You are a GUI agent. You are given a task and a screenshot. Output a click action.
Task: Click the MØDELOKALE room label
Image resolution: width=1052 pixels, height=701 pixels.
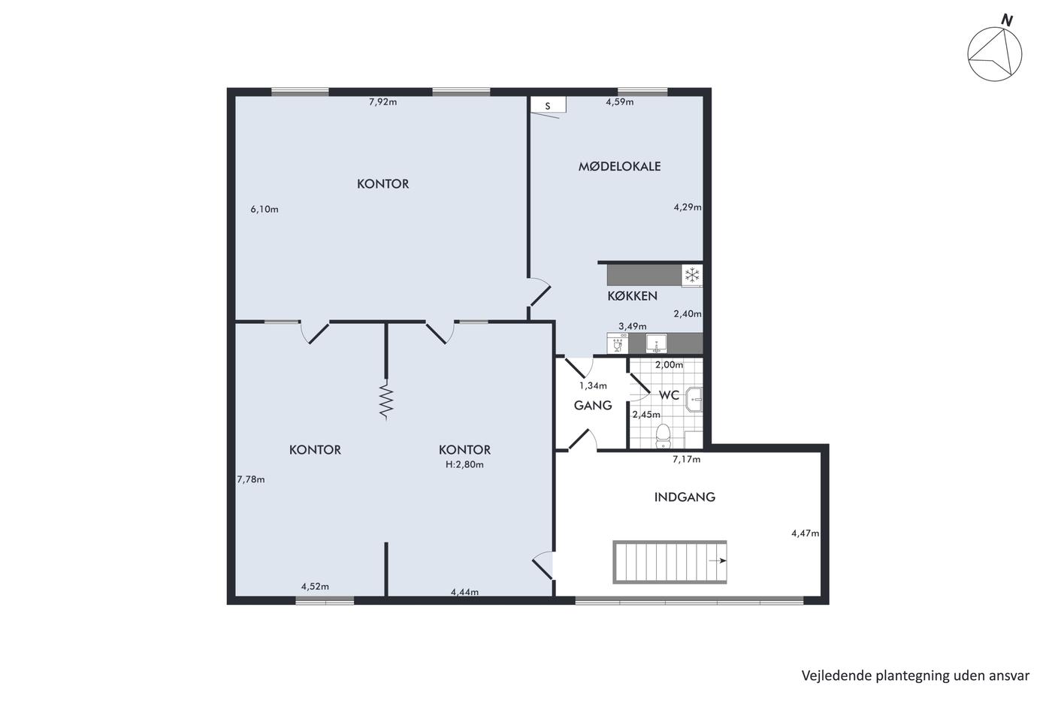click(619, 166)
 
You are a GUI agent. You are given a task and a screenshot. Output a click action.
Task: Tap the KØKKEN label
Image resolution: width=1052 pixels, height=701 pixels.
click(632, 296)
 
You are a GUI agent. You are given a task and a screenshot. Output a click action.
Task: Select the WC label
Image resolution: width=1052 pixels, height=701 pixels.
click(669, 395)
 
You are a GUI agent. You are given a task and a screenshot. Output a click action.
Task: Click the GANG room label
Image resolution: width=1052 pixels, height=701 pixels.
click(593, 405)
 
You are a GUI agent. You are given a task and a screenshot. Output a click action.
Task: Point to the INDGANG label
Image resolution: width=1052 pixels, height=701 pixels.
click(685, 497)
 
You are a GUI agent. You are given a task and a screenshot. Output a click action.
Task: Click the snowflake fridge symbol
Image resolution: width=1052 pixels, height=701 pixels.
click(692, 275)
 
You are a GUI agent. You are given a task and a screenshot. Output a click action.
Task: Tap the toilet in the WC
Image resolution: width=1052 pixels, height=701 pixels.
click(663, 436)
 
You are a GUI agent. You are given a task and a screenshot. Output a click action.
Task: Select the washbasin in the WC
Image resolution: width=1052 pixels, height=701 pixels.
click(694, 400)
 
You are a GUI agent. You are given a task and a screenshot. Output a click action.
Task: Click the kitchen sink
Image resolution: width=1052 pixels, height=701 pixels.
click(656, 343)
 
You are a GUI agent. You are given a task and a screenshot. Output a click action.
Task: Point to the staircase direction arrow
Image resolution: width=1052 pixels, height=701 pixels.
click(718, 560)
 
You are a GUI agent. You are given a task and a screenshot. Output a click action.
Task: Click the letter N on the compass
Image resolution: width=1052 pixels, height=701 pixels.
click(1006, 20)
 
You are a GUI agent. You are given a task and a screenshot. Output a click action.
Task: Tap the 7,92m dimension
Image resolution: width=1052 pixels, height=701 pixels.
click(382, 102)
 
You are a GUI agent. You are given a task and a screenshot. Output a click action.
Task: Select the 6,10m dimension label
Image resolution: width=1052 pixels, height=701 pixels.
click(265, 210)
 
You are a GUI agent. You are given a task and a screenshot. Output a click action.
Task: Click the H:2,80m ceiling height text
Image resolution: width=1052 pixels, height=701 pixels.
click(464, 464)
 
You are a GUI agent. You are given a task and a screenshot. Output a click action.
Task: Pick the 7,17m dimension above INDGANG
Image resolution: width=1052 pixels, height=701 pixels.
click(686, 459)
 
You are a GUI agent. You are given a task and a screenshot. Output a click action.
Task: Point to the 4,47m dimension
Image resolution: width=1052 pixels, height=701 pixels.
click(805, 533)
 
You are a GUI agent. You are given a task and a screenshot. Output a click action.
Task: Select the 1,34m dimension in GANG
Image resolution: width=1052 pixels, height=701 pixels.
click(593, 386)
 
